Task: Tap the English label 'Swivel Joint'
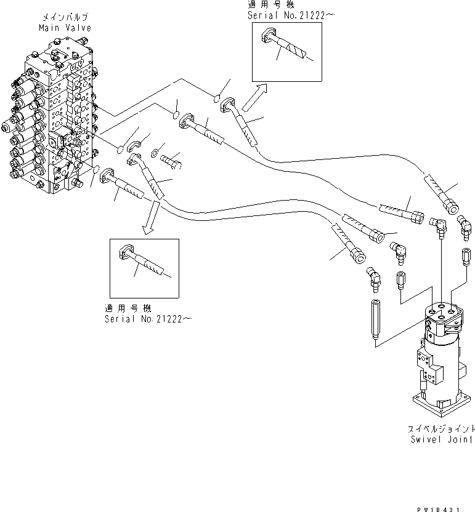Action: [441, 439]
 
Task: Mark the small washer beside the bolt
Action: [156, 150]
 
